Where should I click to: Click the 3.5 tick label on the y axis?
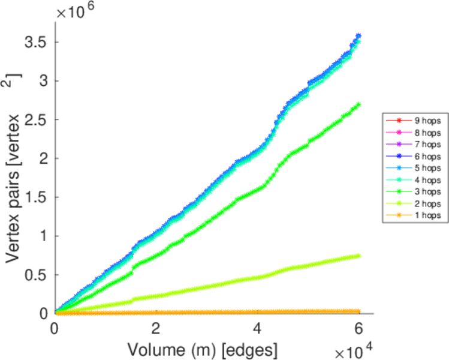click(x=37, y=42)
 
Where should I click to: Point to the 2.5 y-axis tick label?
click(x=37, y=119)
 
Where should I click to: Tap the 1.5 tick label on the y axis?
click(x=37, y=197)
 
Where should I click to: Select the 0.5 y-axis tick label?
click(x=37, y=275)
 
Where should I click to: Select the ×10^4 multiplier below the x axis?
click(x=354, y=349)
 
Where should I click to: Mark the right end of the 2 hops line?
click(x=358, y=256)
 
